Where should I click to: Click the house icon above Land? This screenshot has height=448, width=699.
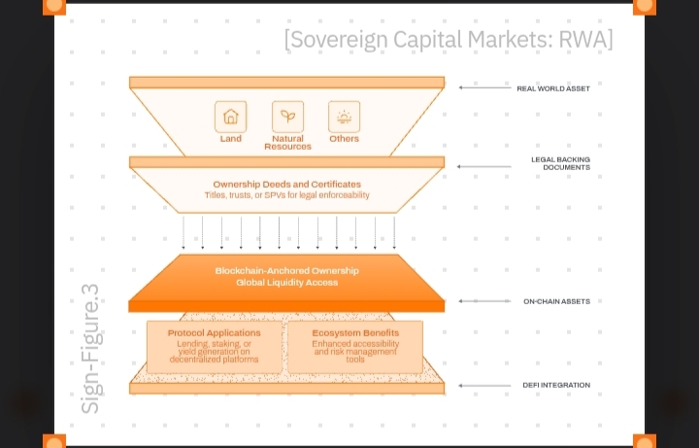[x=230, y=117]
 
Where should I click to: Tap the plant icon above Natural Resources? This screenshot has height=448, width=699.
[x=287, y=117]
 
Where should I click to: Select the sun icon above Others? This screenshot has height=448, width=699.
[x=344, y=117]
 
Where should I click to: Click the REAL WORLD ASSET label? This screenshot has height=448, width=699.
[x=552, y=88]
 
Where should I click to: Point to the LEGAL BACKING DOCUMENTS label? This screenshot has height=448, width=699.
[x=560, y=163]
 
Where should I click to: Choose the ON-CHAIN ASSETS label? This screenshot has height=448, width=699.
[x=556, y=301]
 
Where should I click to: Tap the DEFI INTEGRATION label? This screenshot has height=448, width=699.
[x=556, y=385]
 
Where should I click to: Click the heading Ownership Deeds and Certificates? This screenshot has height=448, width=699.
[x=286, y=184]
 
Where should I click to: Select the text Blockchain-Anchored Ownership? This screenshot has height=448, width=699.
[x=286, y=270]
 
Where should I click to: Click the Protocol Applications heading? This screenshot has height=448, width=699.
[x=214, y=333]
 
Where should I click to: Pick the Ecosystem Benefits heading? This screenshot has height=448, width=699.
[x=356, y=333]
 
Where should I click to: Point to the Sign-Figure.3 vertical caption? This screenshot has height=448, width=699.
[x=90, y=349]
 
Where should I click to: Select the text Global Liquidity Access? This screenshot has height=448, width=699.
[x=286, y=282]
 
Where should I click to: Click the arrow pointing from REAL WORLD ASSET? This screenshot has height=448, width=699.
[x=483, y=88]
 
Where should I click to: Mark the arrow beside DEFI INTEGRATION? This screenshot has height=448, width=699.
[x=483, y=385]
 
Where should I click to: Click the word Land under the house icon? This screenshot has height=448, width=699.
[x=230, y=139]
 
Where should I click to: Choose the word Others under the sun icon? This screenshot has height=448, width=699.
[x=344, y=139]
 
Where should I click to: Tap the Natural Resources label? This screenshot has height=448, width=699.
[x=287, y=143]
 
